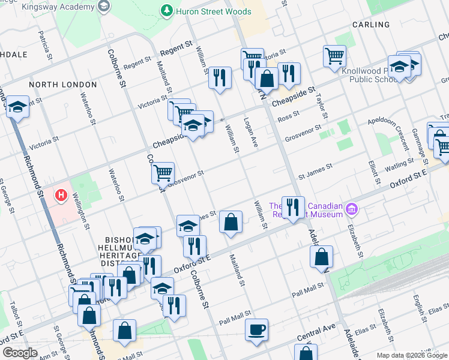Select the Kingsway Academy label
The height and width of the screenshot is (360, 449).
point(63,5)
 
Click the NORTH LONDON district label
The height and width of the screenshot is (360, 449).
point(54,85)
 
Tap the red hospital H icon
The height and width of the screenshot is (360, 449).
point(60,195)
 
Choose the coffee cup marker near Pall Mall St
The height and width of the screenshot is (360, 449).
point(256,329)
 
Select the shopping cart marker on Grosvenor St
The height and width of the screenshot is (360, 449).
point(163,173)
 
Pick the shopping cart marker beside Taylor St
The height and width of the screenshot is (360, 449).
point(334,56)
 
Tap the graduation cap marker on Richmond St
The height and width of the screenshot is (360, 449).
point(17,107)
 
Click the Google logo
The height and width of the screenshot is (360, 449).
point(20,352)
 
